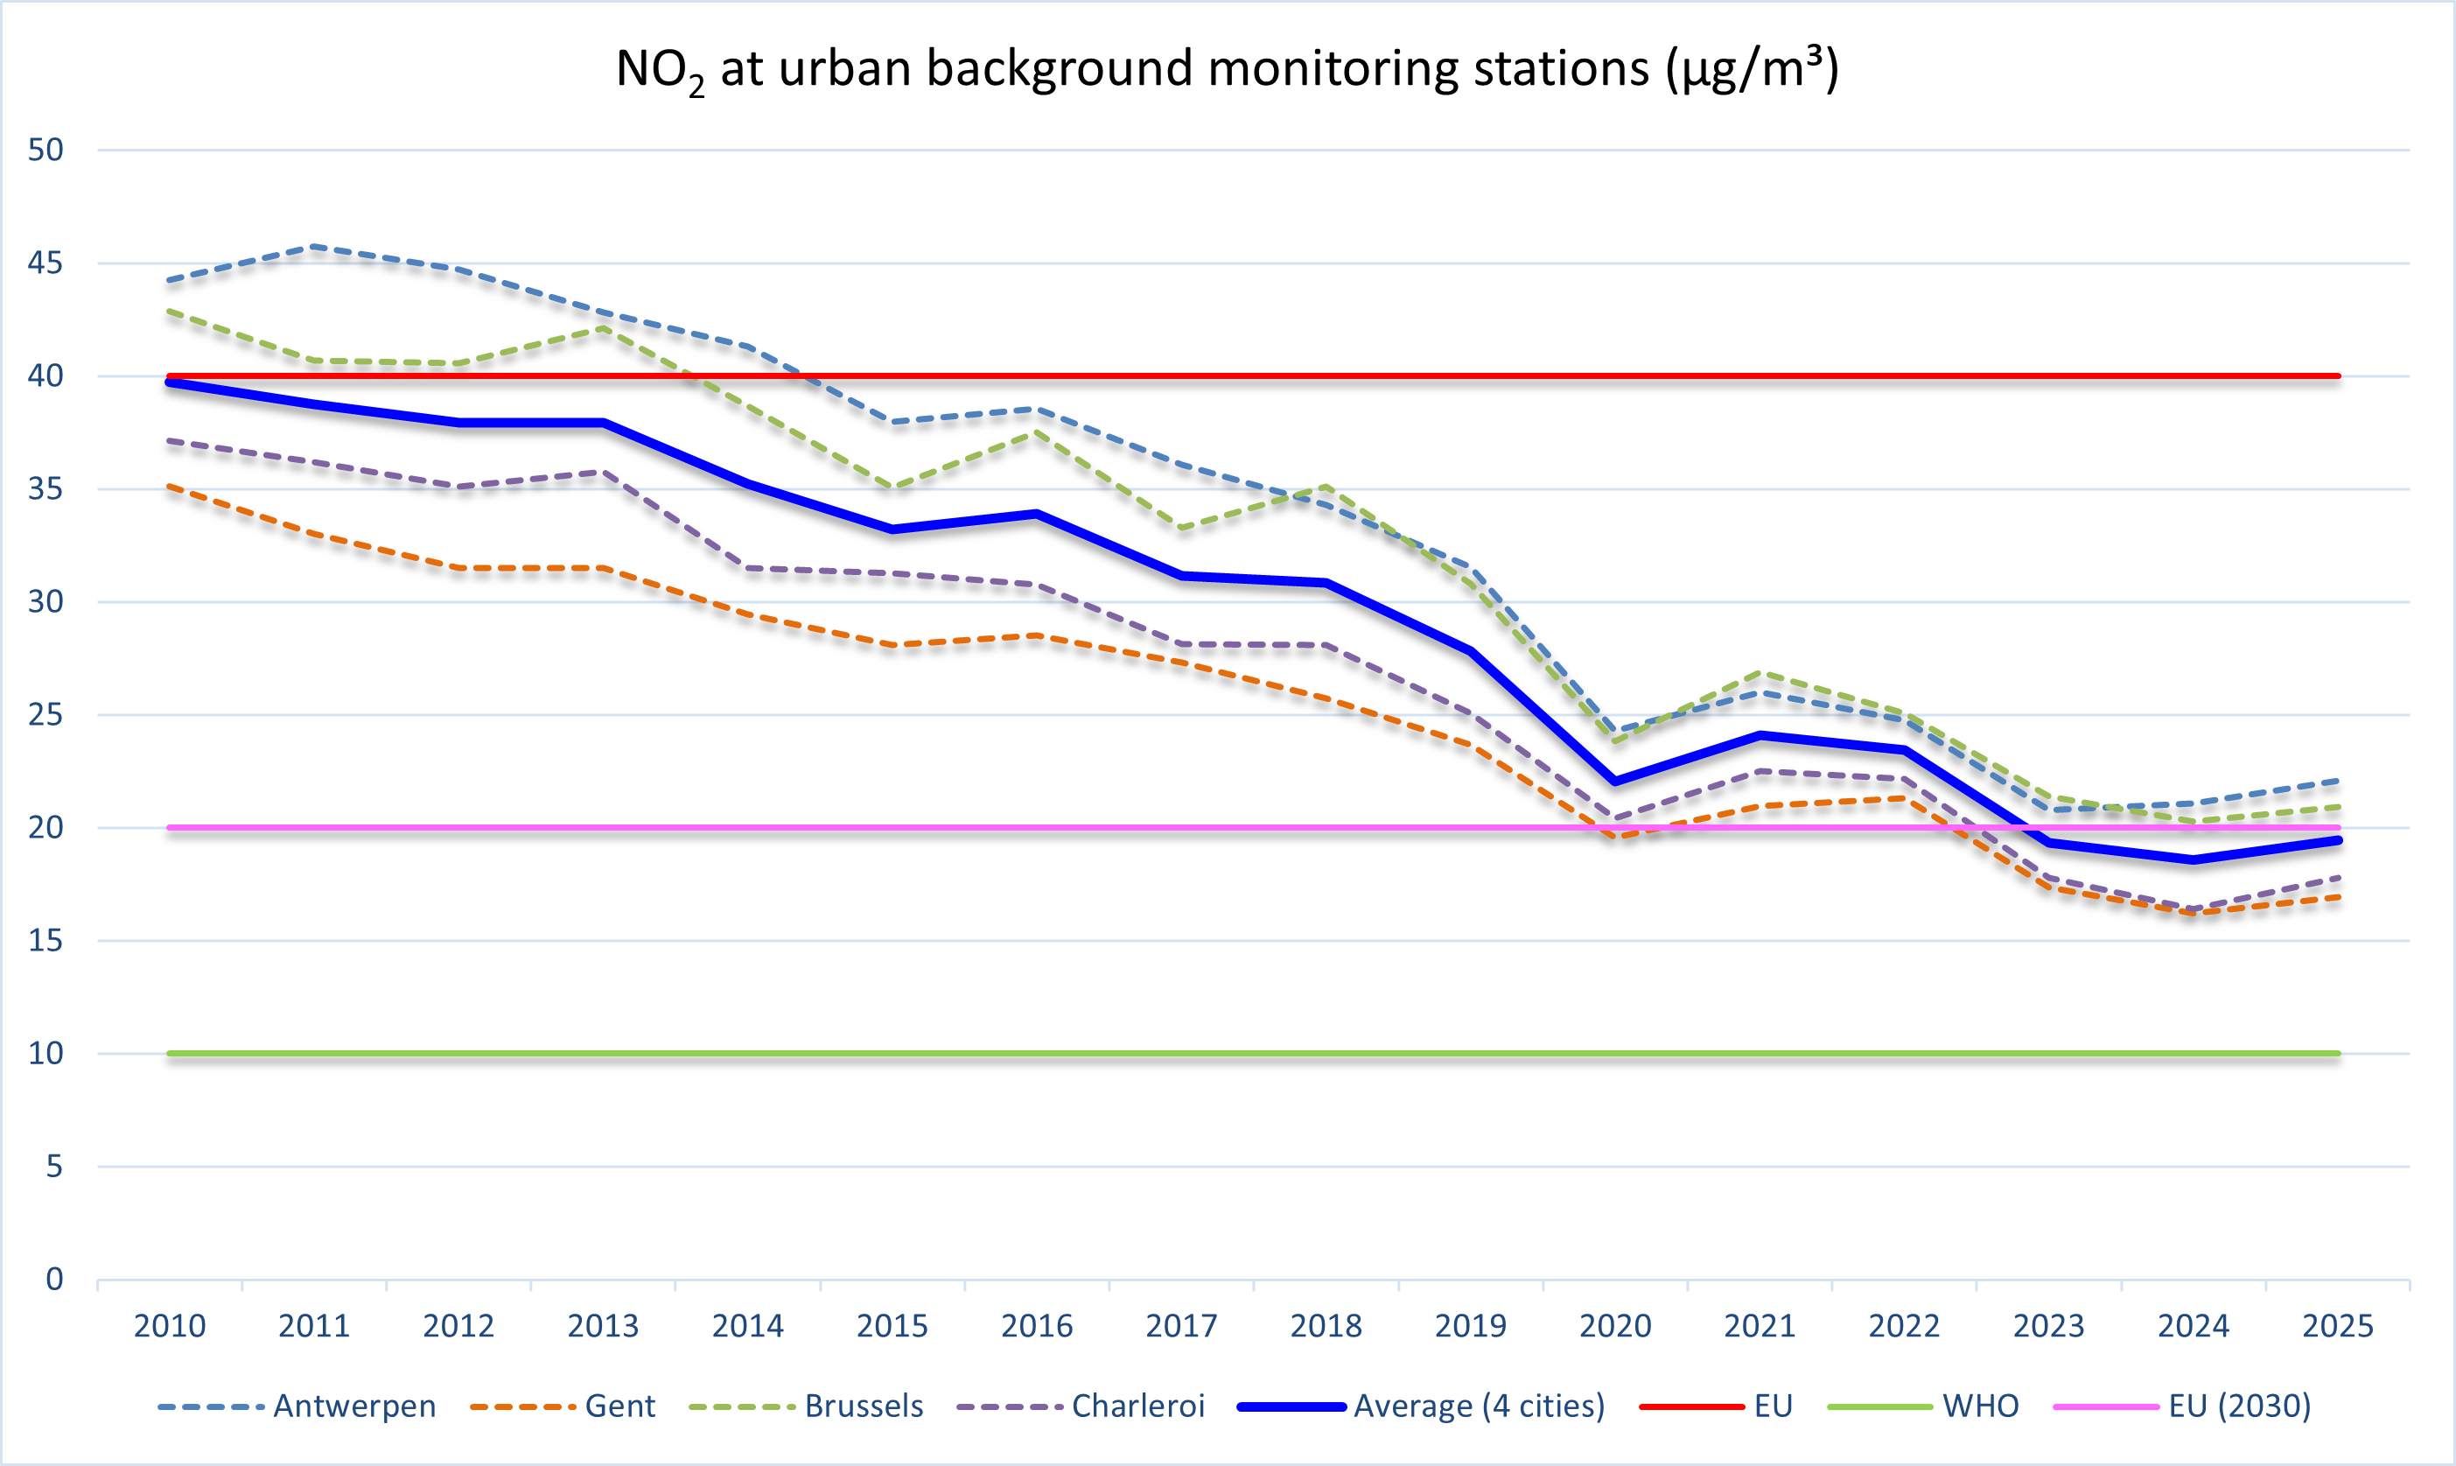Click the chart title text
[x=1227, y=69]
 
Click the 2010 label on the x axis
[x=170, y=1326]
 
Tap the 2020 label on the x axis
[x=1614, y=1326]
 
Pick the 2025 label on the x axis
[x=2338, y=1326]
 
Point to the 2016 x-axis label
[x=1037, y=1326]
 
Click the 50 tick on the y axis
[x=45, y=151]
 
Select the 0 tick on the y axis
[x=54, y=1280]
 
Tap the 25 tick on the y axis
[x=45, y=714]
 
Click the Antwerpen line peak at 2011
[x=314, y=246]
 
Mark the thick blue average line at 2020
[x=1614, y=782]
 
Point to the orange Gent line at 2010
[x=170, y=486]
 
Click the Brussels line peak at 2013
[x=604, y=328]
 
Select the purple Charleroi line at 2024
[x=2194, y=908]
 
